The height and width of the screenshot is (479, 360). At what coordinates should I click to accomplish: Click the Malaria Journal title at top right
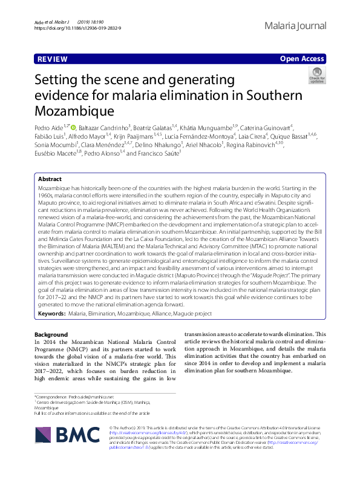pyautogui.click(x=295, y=26)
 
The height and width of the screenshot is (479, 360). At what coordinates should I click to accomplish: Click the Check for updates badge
pyautogui.click(x=317, y=77)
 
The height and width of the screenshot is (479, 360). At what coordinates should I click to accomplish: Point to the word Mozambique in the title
pyautogui.click(x=74, y=111)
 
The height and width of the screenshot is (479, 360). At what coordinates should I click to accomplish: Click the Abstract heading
pyautogui.click(x=50, y=179)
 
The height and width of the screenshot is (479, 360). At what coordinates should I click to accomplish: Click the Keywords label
pyautogui.click(x=51, y=314)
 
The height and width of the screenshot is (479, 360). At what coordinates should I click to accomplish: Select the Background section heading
pyautogui.click(x=51, y=335)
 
